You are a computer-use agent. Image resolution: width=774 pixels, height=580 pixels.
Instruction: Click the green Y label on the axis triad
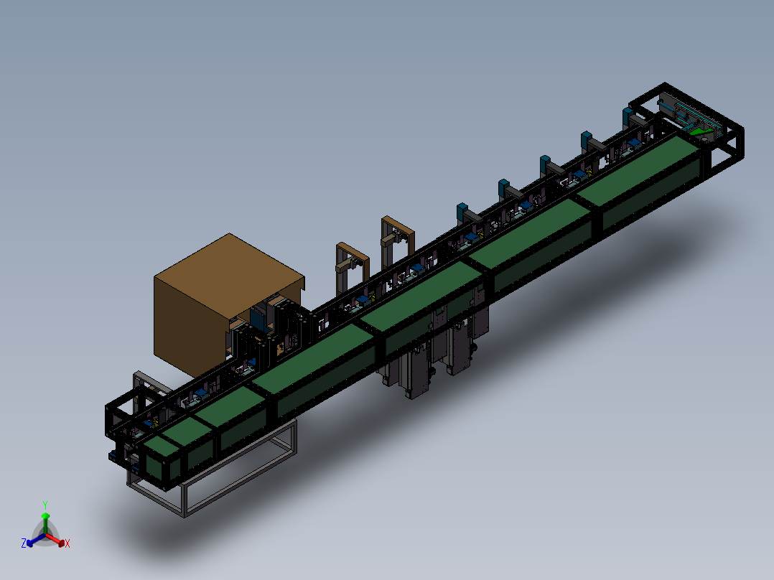click(x=45, y=505)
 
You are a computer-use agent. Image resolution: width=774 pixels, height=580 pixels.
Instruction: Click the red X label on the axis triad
click(x=67, y=543)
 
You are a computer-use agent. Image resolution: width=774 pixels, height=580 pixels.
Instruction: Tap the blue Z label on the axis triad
click(x=24, y=543)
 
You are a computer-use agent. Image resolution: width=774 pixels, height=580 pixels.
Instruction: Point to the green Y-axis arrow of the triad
click(x=45, y=523)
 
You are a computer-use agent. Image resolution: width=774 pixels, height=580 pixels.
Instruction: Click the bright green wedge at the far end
click(x=700, y=131)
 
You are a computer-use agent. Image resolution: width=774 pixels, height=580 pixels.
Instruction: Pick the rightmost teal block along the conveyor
click(x=628, y=116)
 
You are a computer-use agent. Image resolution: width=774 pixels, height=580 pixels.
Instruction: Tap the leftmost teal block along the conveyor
click(x=462, y=212)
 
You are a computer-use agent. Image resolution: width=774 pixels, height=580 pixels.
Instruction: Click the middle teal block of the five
click(x=545, y=164)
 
